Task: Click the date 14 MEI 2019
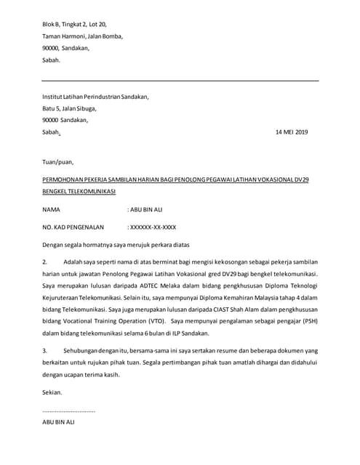(x=292, y=132)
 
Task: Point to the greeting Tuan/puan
(x=57, y=161)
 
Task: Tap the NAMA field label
(x=52, y=209)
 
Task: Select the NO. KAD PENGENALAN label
(x=73, y=227)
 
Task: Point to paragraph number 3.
(x=45, y=350)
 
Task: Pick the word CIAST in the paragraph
(x=214, y=309)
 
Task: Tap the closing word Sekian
(x=52, y=392)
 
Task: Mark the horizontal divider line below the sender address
(x=180, y=80)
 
